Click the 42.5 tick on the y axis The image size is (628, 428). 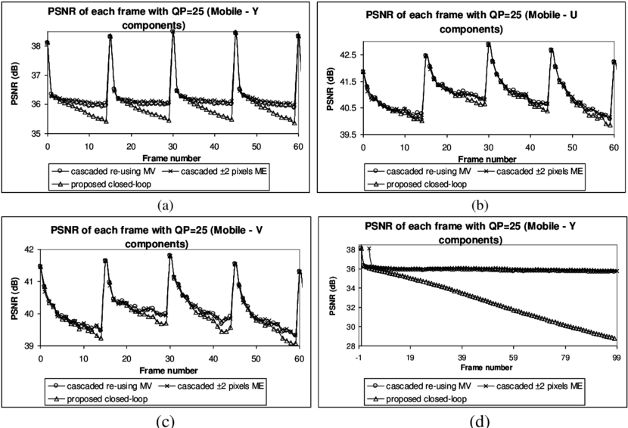(x=348, y=55)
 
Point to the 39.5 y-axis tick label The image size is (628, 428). (x=348, y=135)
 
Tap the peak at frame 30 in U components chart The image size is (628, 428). (x=489, y=44)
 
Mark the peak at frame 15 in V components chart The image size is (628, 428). (x=105, y=261)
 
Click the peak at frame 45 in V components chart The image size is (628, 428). (x=235, y=264)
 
